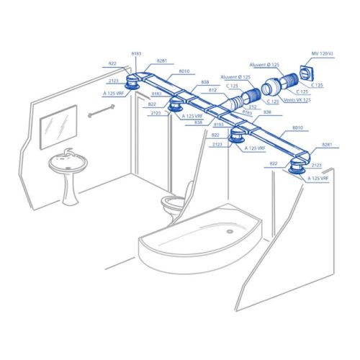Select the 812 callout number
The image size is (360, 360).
(212, 90)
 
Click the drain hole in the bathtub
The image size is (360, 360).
(230, 232)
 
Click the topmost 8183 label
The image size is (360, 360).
(137, 54)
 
